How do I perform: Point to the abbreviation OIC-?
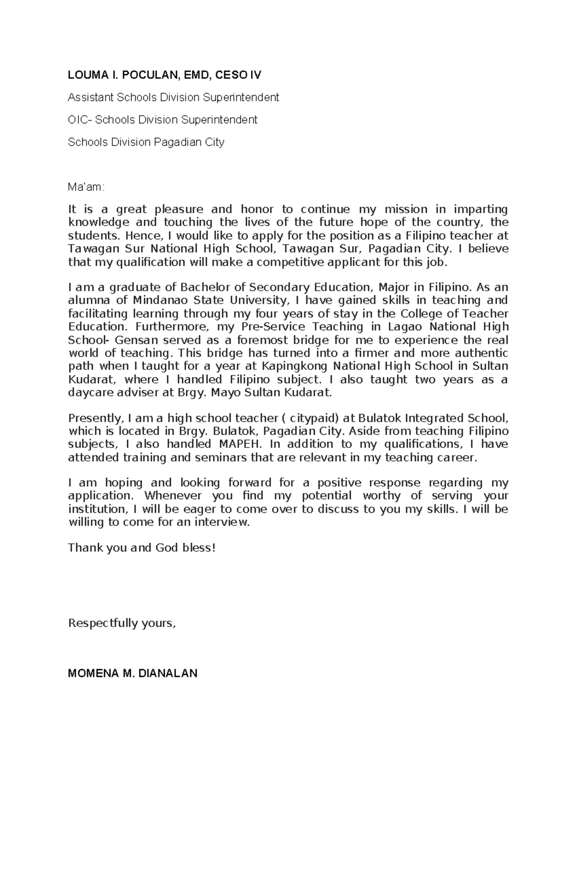coord(80,120)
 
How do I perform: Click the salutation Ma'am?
coord(86,187)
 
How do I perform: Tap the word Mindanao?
coord(160,300)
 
